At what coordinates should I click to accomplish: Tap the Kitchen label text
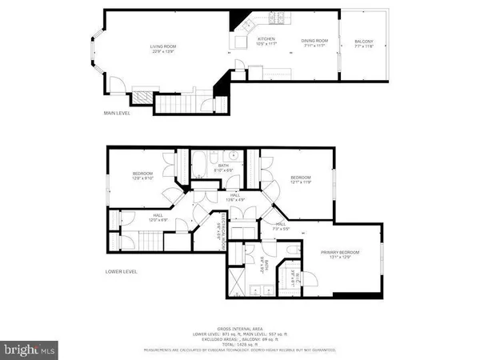pyautogui.click(x=266, y=39)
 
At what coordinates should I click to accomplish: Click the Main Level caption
pyautogui.click(x=117, y=113)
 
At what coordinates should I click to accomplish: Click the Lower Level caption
pyautogui.click(x=119, y=272)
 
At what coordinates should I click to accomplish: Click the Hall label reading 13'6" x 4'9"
pyautogui.click(x=234, y=197)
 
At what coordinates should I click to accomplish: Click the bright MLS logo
pyautogui.click(x=29, y=349)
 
